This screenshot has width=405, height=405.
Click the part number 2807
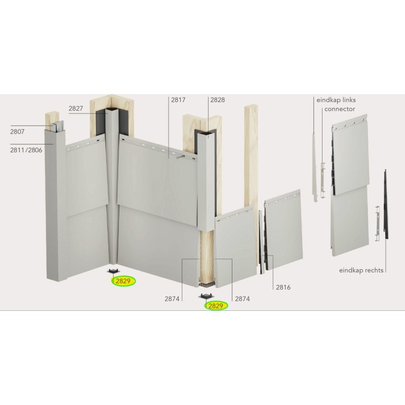[x=17, y=132]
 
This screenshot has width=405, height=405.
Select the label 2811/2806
[x=26, y=150]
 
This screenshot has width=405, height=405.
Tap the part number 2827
[x=75, y=108]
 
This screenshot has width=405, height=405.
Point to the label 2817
[x=178, y=100]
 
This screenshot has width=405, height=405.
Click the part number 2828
[x=218, y=100]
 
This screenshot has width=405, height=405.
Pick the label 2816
[x=283, y=287]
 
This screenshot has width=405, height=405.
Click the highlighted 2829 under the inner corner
[x=123, y=281]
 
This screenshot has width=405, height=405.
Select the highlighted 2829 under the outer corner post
[x=216, y=306]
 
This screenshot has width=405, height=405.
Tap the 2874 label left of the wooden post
[x=172, y=299]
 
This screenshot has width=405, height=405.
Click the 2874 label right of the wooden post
[x=242, y=299]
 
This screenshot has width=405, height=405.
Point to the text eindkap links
[x=336, y=100]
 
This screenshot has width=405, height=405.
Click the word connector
[x=340, y=109]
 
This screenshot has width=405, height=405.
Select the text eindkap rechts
[x=361, y=270]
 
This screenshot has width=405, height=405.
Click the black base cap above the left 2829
[x=112, y=271]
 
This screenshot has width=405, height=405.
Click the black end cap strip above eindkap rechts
[x=386, y=204]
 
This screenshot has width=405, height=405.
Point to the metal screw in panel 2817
[x=180, y=157]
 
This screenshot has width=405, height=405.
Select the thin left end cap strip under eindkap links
[x=315, y=168]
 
